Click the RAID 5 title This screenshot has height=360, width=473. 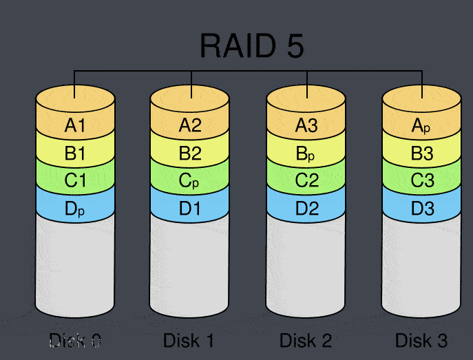[251, 46]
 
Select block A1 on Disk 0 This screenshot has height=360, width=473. [75, 125]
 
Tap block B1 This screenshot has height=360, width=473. [75, 153]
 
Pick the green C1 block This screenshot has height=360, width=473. [75, 181]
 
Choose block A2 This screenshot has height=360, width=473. [190, 125]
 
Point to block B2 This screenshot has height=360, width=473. [190, 153]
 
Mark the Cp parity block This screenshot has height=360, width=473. [190, 181]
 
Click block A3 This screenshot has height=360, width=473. [306, 125]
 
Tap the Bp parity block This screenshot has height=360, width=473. [306, 153]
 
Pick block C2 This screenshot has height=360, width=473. [306, 181]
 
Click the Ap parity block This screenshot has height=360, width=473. [421, 125]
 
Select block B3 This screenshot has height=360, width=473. [421, 153]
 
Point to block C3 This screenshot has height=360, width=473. [421, 181]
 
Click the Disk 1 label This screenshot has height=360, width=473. [189, 340]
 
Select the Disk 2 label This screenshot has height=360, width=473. [306, 340]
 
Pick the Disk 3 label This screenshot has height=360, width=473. [421, 340]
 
